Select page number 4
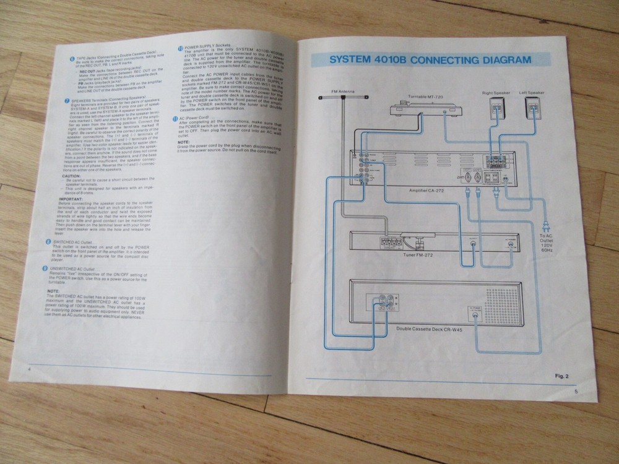[29, 369]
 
